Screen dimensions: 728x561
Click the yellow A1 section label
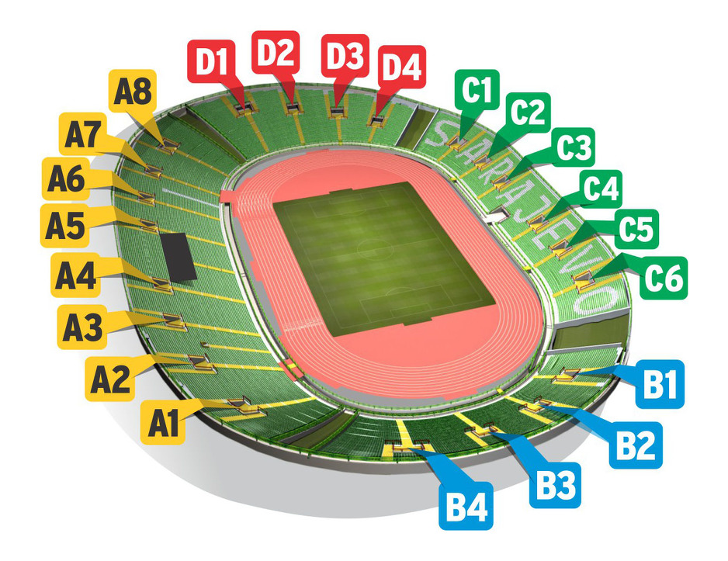pos(163,423)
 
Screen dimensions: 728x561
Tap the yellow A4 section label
pos(75,275)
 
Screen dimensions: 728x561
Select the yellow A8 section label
pos(133,92)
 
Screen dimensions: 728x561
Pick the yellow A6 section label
pos(66,179)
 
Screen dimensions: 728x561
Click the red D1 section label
pos(212,61)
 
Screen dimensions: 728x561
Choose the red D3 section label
pos(345,56)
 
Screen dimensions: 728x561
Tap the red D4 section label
pos(402,67)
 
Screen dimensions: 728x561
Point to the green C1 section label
pos(477,90)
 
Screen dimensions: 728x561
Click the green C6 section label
pos(664,278)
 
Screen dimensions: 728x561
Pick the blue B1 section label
pos(660,384)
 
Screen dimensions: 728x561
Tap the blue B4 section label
pos(466,506)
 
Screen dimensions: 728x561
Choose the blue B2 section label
pos(636,445)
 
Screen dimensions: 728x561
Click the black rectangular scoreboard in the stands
pos(178,257)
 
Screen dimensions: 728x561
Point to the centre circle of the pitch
pos(375,249)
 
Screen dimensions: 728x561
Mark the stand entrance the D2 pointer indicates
pos(292,108)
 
